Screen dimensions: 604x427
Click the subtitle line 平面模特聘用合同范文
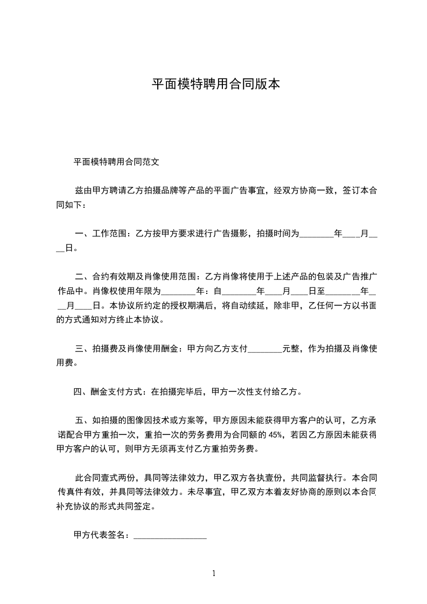click(x=116, y=161)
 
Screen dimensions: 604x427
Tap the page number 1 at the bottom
click(x=214, y=573)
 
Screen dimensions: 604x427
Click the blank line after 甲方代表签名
click(x=170, y=535)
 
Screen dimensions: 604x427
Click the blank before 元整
click(x=264, y=349)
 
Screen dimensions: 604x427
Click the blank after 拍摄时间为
click(x=316, y=234)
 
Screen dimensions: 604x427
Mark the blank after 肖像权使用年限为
click(x=179, y=291)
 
